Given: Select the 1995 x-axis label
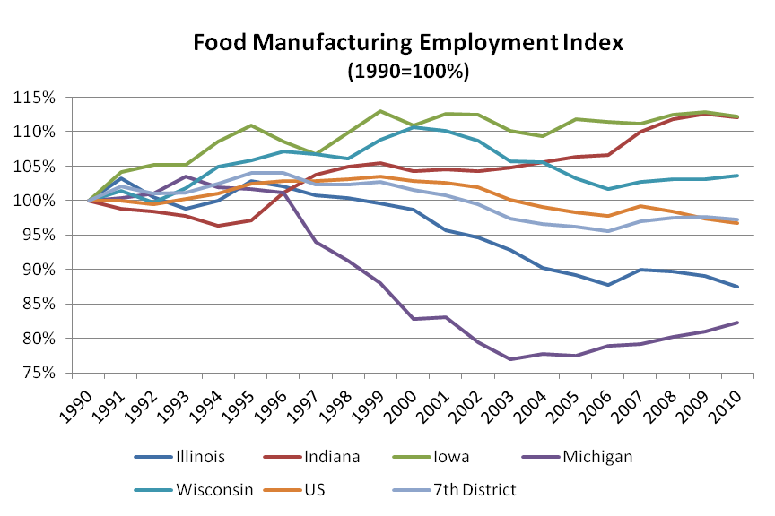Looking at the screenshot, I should click(x=243, y=408).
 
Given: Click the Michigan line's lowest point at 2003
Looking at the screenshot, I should click(x=509, y=358).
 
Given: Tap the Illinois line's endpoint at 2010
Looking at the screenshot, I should click(x=736, y=287).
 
